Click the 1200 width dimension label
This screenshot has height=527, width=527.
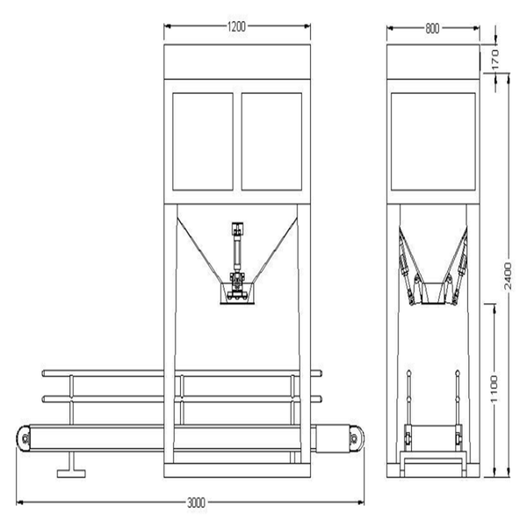pyautogui.click(x=237, y=27)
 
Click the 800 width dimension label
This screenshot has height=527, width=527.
pyautogui.click(x=432, y=29)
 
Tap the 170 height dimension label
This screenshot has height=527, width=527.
pyautogui.click(x=495, y=59)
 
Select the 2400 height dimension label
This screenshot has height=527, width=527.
pyautogui.click(x=508, y=277)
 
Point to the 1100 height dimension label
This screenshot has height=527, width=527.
pyautogui.click(x=495, y=388)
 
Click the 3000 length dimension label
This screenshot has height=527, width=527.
pyautogui.click(x=196, y=503)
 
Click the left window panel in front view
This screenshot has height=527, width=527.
pyautogui.click(x=203, y=141)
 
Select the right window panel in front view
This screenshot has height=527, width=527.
pyautogui.click(x=271, y=141)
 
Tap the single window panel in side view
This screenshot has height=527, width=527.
pyautogui.click(x=433, y=141)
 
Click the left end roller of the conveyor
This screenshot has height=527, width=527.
pyautogui.click(x=25, y=438)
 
